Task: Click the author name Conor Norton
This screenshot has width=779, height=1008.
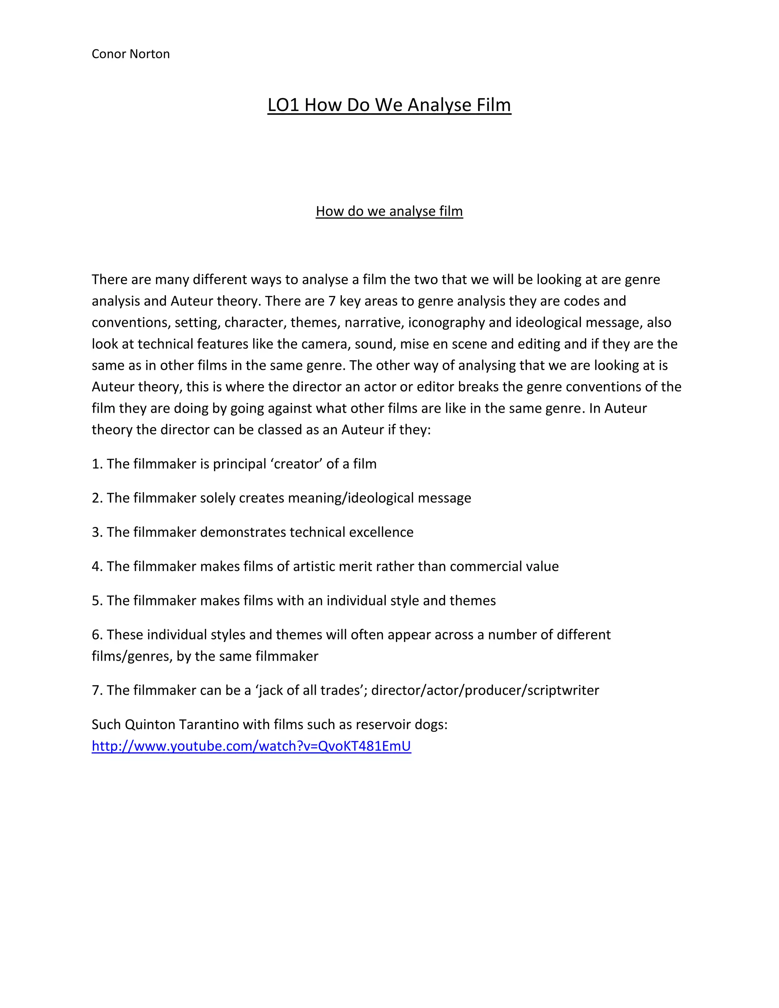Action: [130, 54]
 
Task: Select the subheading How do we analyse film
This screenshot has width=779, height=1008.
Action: [389, 211]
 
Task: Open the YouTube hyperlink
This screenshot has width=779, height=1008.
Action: [251, 746]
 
